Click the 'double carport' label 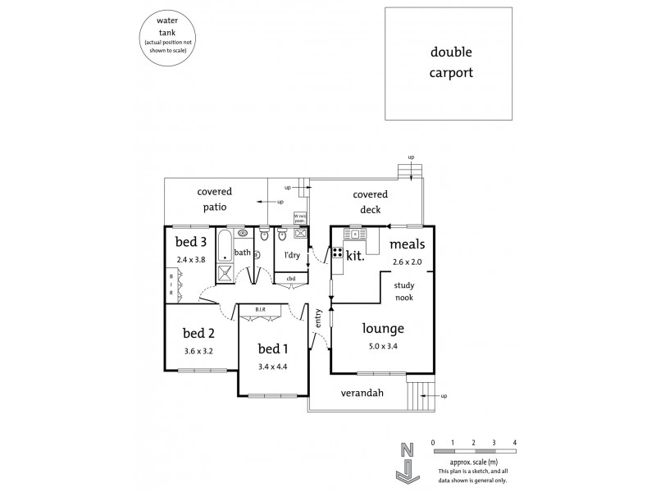tap(452, 61)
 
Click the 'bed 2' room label tap(198, 333)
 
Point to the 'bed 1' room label tap(274, 347)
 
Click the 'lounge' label tap(385, 329)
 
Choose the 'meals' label tap(406, 244)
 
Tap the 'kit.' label tap(355, 255)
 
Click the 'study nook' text tap(403, 291)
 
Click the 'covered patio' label tap(212, 199)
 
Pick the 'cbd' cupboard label tap(291, 279)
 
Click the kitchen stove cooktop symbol tap(337, 253)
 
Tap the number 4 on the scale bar tap(515, 443)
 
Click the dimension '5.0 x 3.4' tap(384, 345)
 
